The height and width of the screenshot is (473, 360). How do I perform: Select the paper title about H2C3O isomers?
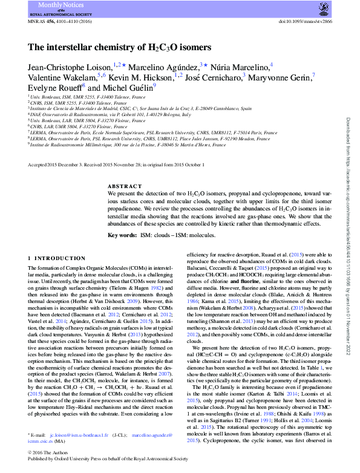(119, 47)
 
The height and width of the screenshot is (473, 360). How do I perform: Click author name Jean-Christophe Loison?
(71, 65)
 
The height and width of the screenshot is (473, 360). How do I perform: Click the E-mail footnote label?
(38, 435)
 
